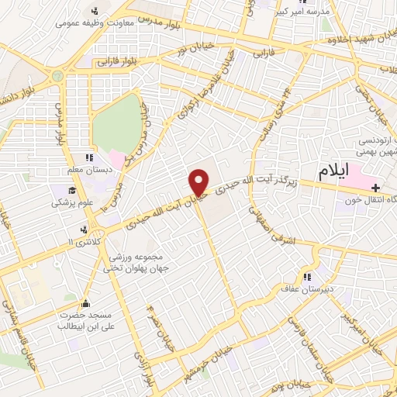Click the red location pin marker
199,182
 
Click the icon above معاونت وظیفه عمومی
95,10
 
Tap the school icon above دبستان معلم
90,158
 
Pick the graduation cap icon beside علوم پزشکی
72,190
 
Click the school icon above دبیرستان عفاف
307,277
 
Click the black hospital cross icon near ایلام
376,188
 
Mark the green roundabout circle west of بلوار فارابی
57,76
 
